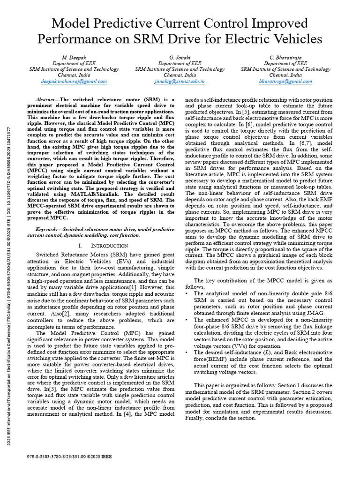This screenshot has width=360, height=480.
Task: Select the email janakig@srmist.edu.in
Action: [x=180, y=81]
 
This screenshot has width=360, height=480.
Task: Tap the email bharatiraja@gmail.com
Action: [x=285, y=81]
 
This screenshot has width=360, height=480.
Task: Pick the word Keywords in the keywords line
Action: [x=49, y=229]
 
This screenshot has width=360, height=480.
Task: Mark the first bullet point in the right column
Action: [x=188, y=293]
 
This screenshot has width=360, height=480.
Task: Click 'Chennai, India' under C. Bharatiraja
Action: [x=285, y=75]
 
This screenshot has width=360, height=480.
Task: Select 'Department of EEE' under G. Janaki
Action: [x=180, y=63]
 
